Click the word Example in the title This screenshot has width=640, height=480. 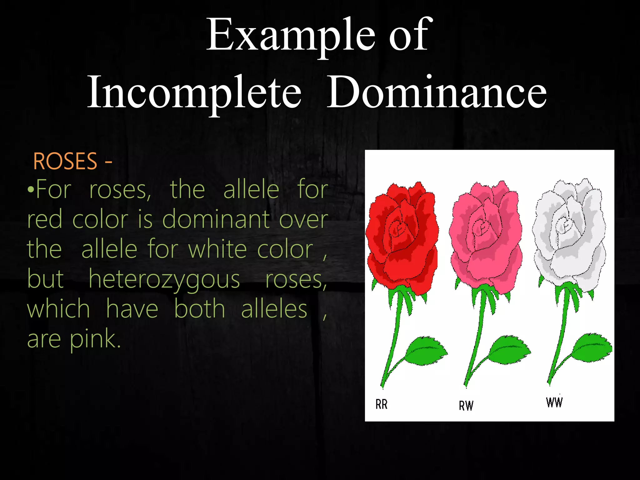pyautogui.click(x=291, y=36)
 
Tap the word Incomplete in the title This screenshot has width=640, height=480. pyautogui.click(x=194, y=92)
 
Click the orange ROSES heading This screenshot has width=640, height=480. pyautogui.click(x=65, y=162)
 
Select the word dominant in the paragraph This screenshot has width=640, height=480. pyautogui.click(x=216, y=220)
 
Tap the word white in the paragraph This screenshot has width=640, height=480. pyautogui.click(x=217, y=250)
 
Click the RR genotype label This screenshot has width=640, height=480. pyautogui.click(x=381, y=404)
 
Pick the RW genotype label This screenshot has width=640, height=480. pyautogui.click(x=466, y=406)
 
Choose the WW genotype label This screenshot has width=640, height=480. pyautogui.click(x=554, y=402)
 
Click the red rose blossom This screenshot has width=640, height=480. pyautogui.click(x=402, y=237)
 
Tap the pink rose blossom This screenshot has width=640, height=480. pyautogui.click(x=485, y=237)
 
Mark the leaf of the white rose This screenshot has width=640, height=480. pyautogui.click(x=592, y=347)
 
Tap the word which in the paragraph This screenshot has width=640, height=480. pyautogui.click(x=58, y=309)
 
